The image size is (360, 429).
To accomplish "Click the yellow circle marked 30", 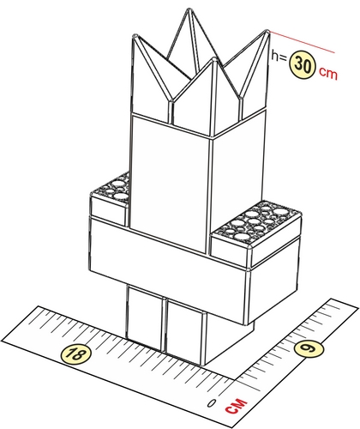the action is click(x=303, y=65).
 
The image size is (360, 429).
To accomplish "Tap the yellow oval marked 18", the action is click(x=76, y=355).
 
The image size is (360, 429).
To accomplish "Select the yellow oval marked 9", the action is click(x=309, y=348).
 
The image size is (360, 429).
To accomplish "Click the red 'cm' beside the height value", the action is click(x=328, y=73).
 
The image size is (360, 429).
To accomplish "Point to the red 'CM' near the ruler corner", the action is click(x=237, y=406).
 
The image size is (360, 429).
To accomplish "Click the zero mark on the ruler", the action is click(x=212, y=403).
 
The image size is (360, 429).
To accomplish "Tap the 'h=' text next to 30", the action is click(x=279, y=56).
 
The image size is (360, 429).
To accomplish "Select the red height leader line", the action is click(x=302, y=42).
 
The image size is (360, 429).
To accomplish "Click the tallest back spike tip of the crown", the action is click(x=189, y=9).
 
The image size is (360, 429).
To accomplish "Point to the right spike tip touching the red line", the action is click(x=267, y=31).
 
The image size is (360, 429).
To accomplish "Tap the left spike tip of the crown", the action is click(x=135, y=35).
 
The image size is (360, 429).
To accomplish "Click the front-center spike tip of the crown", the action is click(x=214, y=58).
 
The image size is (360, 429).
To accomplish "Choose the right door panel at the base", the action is click(x=185, y=332).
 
